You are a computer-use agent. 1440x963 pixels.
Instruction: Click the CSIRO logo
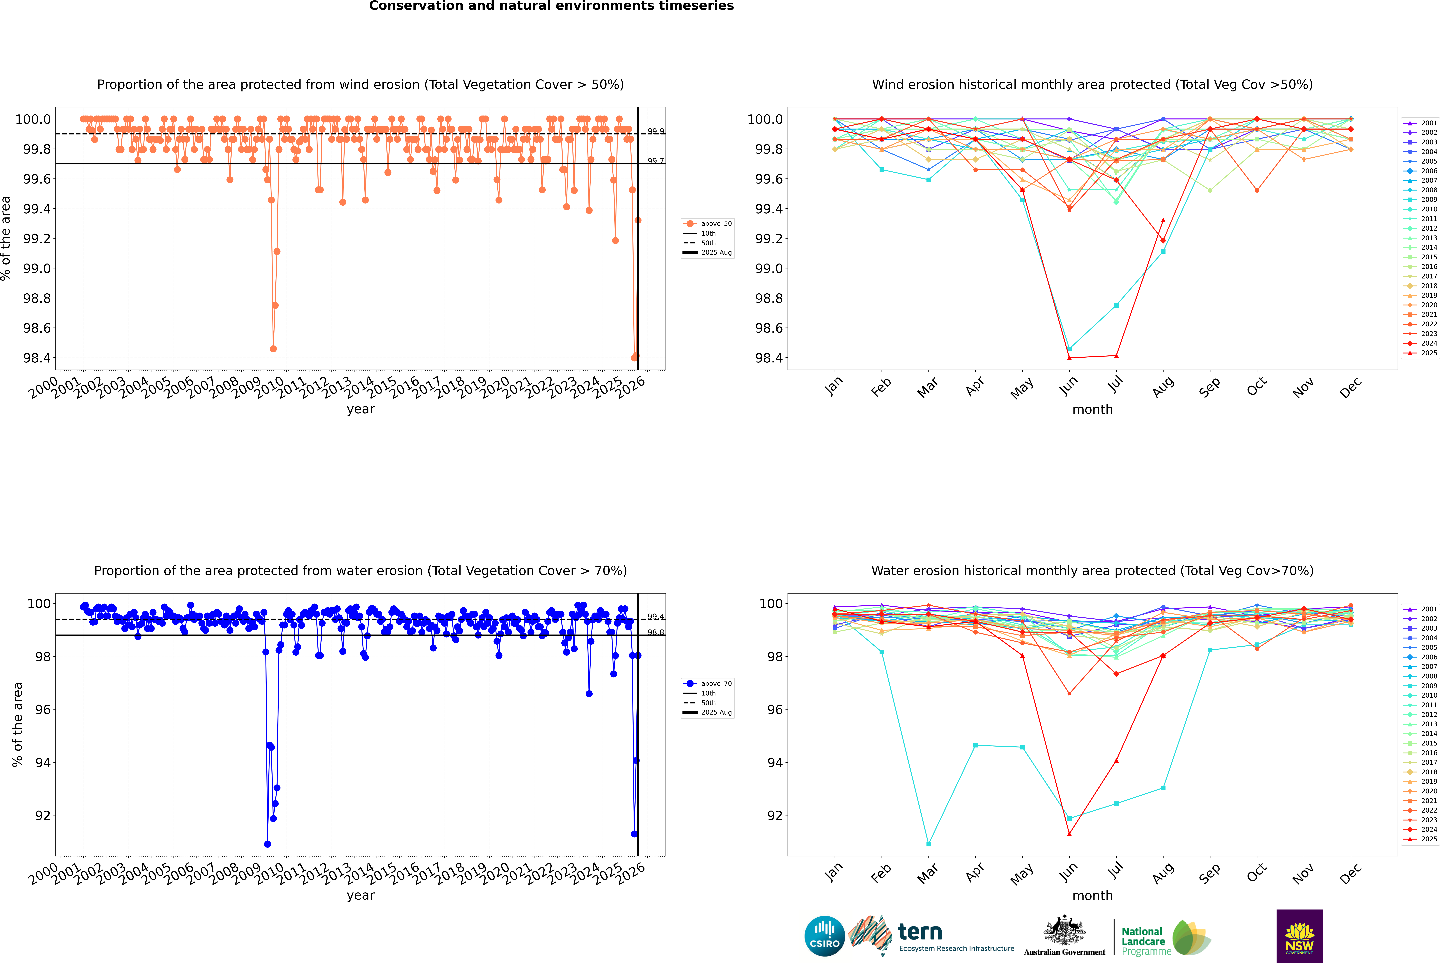(824, 936)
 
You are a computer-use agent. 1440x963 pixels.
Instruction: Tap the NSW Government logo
(1299, 936)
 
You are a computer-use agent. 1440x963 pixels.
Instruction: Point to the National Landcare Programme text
(1143, 941)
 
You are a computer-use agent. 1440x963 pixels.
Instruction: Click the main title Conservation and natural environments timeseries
(551, 6)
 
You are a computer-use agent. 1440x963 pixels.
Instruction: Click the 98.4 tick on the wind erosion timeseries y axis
(37, 358)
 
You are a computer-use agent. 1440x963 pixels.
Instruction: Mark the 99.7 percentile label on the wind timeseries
(655, 161)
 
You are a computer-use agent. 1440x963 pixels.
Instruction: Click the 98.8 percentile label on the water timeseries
(655, 633)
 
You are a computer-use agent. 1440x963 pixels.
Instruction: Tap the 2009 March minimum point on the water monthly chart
(928, 844)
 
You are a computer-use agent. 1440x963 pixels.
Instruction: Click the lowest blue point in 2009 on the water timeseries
(267, 844)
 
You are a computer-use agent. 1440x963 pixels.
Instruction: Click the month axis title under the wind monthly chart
(1092, 410)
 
